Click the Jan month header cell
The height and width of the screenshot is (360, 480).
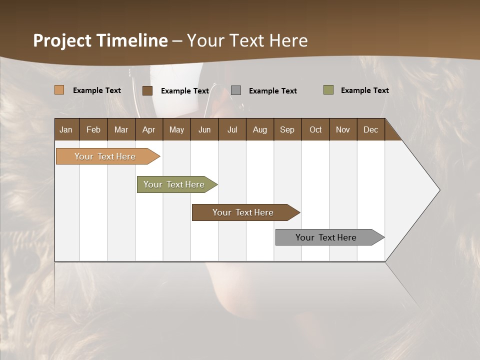pos(66,129)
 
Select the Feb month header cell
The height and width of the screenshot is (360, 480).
pos(93,129)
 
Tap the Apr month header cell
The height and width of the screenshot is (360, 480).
pos(149,129)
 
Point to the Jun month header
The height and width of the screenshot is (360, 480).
pos(204,129)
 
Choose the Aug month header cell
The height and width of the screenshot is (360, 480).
pos(260,129)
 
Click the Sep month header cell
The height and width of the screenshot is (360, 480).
pos(287,129)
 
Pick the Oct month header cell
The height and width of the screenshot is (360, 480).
pos(315,129)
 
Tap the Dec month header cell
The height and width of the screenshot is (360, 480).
pos(371,129)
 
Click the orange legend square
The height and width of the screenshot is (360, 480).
pos(59,90)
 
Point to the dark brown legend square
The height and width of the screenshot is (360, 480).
pos(147,90)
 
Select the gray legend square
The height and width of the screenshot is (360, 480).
pos(236,90)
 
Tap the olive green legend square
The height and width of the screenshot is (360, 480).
pos(328,90)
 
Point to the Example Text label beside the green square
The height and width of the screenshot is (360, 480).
pos(364,90)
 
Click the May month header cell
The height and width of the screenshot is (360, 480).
pos(176,129)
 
